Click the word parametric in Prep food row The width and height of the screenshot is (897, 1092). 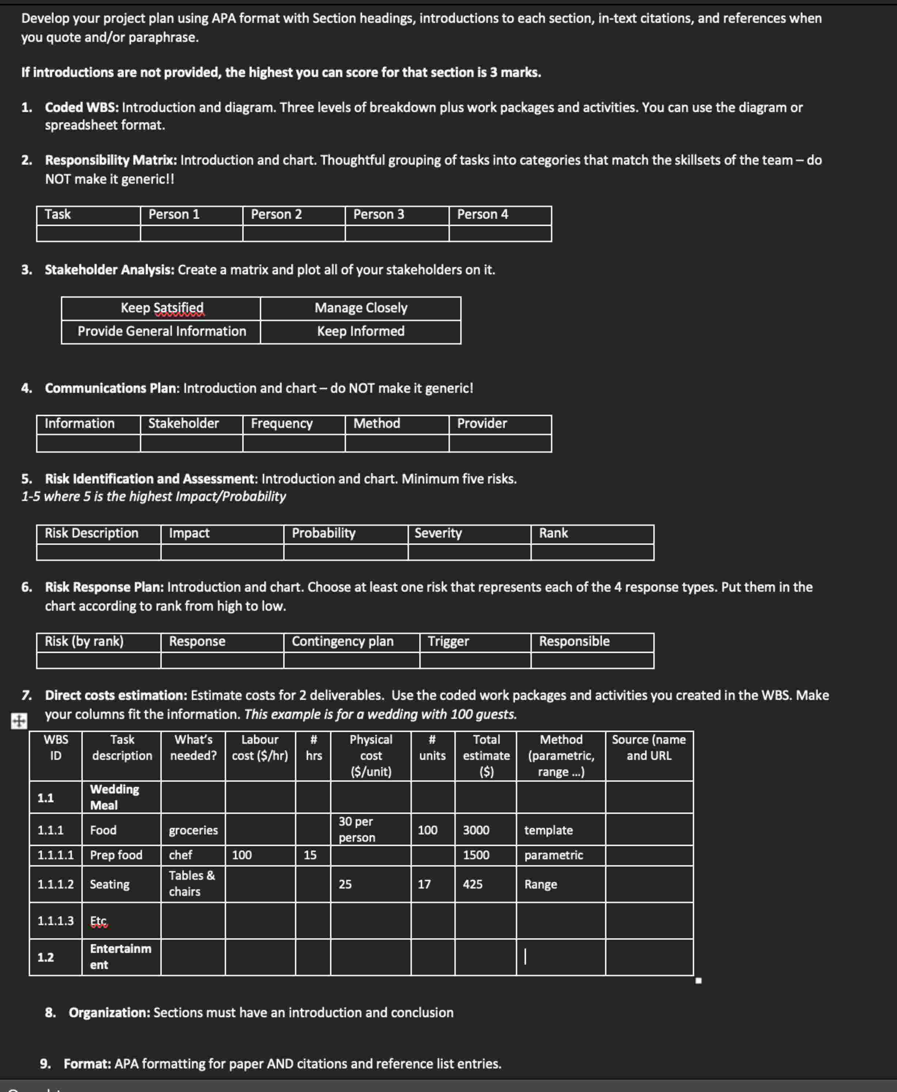click(x=553, y=855)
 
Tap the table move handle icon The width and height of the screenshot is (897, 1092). click(x=19, y=721)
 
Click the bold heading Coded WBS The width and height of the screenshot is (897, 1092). click(x=82, y=107)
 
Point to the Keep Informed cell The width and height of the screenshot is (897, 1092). click(x=361, y=332)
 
